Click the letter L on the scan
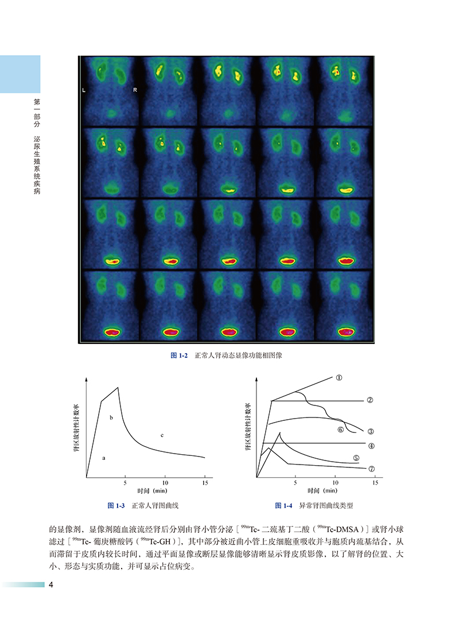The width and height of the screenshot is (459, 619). point(84,90)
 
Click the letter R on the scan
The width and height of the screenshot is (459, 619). point(134,90)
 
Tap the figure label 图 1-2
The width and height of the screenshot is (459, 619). point(180,356)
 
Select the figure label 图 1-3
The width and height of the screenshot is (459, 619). point(116,506)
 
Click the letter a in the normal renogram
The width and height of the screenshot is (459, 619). point(104,458)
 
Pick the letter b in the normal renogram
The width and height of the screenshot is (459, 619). point(111,417)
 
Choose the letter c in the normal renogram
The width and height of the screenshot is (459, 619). point(162,436)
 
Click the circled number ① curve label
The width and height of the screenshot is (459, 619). point(339,378)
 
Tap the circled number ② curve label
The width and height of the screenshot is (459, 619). point(370,400)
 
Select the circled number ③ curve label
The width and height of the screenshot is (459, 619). point(371,431)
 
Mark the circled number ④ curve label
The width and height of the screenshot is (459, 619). point(371,446)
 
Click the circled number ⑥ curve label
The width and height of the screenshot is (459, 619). point(340,429)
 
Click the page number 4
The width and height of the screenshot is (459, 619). point(52,585)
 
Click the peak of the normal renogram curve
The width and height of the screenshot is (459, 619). point(118,388)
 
